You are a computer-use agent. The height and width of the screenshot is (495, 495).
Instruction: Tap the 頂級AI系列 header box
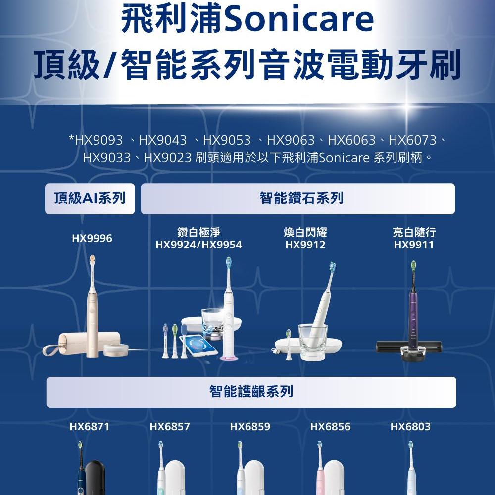click(x=90, y=199)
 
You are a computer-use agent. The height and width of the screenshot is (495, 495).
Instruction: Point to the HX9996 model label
click(x=92, y=239)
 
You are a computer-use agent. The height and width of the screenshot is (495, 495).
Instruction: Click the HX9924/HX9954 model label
click(x=198, y=245)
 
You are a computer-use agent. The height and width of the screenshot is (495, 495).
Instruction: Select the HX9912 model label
click(x=305, y=245)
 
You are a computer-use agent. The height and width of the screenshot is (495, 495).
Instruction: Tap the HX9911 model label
click(x=414, y=245)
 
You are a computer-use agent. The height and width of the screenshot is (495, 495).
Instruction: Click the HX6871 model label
click(x=90, y=427)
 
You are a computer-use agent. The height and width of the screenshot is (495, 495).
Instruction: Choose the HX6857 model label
click(x=170, y=427)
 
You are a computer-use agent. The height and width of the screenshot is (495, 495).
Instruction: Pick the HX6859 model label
click(x=250, y=427)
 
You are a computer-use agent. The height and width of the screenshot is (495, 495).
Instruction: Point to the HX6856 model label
click(x=330, y=427)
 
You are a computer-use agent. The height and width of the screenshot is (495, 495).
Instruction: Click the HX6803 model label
click(x=410, y=427)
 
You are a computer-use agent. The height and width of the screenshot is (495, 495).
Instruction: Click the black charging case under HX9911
click(x=408, y=346)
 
